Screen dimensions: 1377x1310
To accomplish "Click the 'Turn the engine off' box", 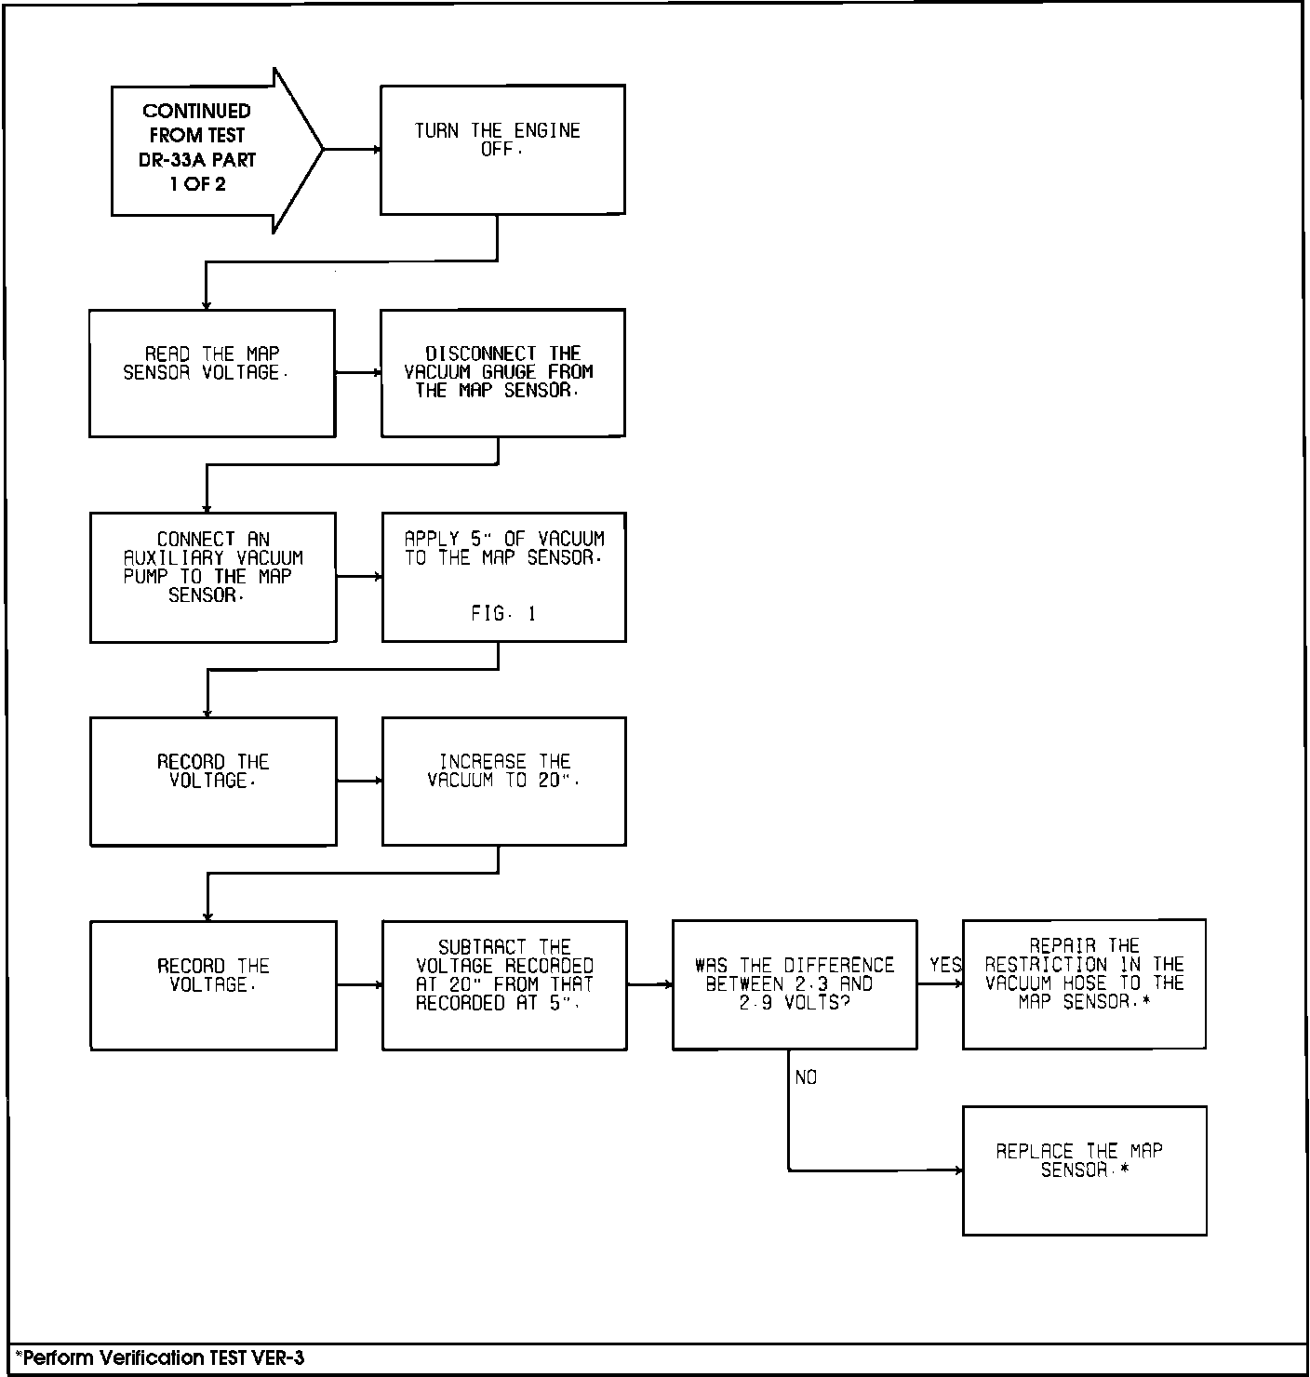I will (502, 150).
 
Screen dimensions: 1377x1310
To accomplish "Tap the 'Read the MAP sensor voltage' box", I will (212, 373).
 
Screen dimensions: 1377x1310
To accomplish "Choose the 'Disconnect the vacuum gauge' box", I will (502, 373).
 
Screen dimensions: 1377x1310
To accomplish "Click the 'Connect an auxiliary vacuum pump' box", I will (213, 577).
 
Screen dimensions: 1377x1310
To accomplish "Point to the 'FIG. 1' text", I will (502, 614).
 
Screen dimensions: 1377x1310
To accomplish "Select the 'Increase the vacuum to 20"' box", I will (503, 782).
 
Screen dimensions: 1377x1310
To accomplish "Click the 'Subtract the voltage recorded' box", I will (504, 985).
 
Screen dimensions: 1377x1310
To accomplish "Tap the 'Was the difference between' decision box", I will (795, 984).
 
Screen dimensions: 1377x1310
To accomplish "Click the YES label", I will (945, 965).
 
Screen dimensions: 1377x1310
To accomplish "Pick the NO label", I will (806, 1077).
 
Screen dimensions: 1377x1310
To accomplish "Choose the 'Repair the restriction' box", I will (1084, 984).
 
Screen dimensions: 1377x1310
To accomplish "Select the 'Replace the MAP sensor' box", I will (1084, 1170).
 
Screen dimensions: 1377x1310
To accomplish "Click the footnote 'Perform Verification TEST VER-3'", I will (159, 1357).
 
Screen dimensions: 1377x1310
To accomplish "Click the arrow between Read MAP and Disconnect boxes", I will (358, 373).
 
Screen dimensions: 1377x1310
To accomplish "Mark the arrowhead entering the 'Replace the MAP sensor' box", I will (958, 1170).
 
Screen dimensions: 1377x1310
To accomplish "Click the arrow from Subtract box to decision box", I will (649, 984).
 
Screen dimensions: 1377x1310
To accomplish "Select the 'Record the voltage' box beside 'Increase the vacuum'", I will (213, 782).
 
